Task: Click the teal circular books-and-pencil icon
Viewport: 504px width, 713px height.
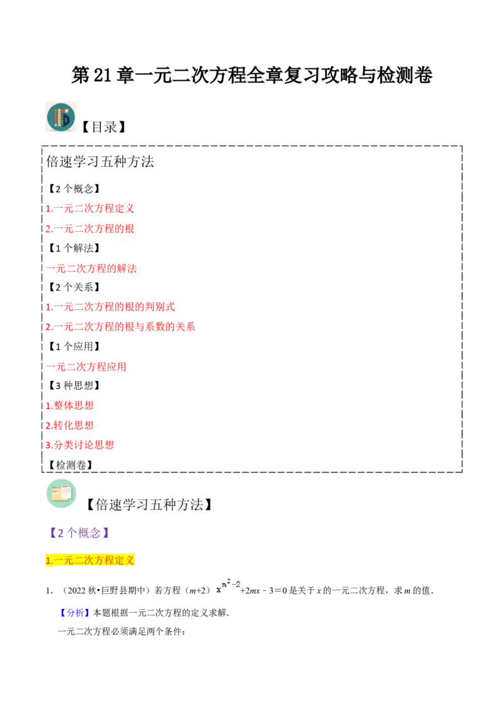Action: pyautogui.click(x=60, y=118)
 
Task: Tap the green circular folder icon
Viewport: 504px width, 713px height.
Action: pyautogui.click(x=61, y=493)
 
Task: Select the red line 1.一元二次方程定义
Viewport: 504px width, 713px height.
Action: pyautogui.click(x=90, y=208)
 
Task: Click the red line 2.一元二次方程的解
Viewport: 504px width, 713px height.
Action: pyautogui.click(x=90, y=229)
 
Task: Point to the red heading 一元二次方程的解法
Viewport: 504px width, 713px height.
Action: pyautogui.click(x=92, y=269)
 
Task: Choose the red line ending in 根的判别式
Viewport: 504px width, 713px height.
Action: pyautogui.click(x=110, y=307)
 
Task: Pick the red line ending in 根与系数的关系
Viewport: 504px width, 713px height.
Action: pyautogui.click(x=120, y=326)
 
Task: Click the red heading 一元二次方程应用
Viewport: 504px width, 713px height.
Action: pyautogui.click(x=86, y=367)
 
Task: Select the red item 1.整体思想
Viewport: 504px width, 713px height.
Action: pyautogui.click(x=70, y=405)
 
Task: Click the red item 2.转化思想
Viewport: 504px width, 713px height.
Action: pyautogui.click(x=70, y=425)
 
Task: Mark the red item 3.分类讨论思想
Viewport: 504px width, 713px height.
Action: pyautogui.click(x=80, y=445)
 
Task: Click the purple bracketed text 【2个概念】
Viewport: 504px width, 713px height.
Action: pyautogui.click(x=80, y=532)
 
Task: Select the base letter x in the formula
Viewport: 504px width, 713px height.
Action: pyautogui.click(x=219, y=590)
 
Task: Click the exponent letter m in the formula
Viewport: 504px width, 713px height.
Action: pyautogui.click(x=224, y=583)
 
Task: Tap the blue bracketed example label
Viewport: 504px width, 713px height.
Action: pyautogui.click(x=75, y=612)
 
